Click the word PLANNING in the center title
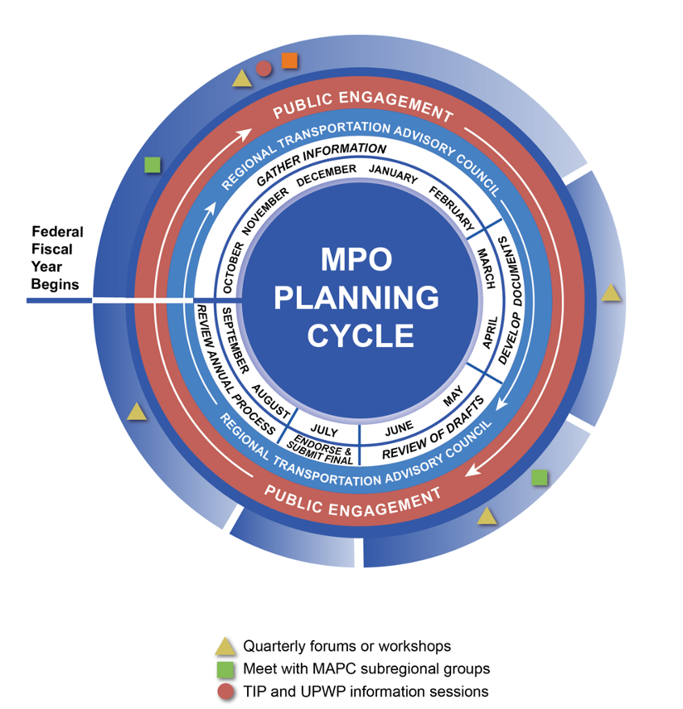(356, 297)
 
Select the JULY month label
(325, 432)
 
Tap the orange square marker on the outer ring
(289, 60)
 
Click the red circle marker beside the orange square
(264, 69)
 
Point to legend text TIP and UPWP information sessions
(366, 691)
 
